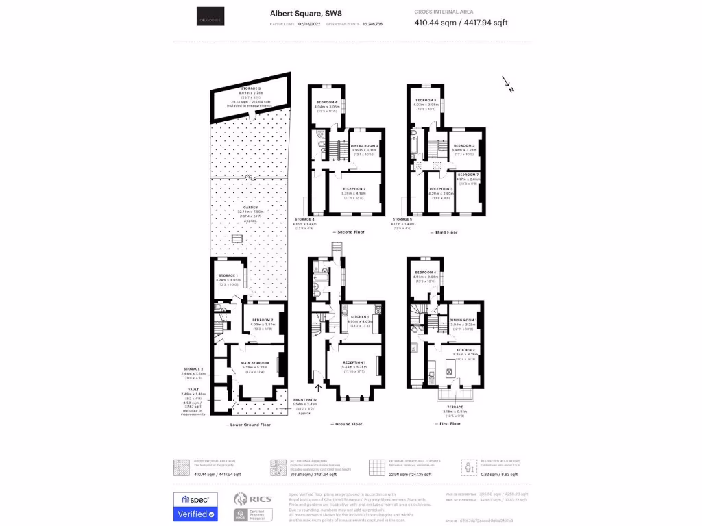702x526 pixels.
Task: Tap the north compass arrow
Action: tap(507, 84)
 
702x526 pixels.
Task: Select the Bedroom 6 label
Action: tap(326, 102)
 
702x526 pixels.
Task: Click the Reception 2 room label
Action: tap(354, 188)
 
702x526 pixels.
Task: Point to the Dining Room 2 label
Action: tap(365, 146)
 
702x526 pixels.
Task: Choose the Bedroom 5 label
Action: tap(426, 101)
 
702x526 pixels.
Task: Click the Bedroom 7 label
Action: tap(468, 175)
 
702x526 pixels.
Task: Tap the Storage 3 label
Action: tap(250, 89)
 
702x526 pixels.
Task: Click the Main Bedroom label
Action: tap(254, 362)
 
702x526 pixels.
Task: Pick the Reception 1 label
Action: tap(354, 362)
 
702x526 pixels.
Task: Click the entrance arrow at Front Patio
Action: tap(317, 373)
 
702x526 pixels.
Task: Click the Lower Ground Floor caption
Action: tap(248, 425)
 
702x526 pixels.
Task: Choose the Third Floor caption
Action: tap(446, 232)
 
